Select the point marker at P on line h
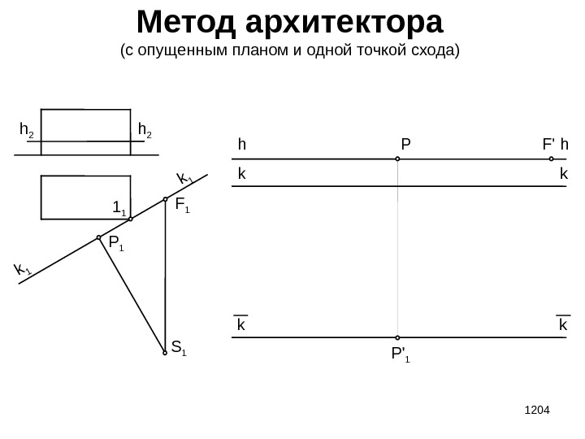398,159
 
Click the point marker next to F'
551,159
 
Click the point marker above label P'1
398,337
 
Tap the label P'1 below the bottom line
401,354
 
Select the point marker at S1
165,353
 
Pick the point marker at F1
165,199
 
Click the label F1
182,206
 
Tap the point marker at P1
99,238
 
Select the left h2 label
27,130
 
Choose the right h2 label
145,130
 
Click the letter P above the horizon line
405,145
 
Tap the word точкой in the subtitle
373,51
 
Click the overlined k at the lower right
562,325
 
